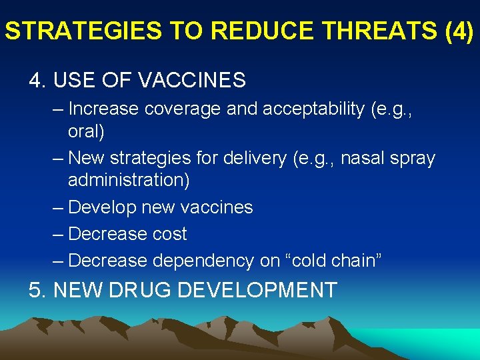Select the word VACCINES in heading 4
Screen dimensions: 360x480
coord(192,81)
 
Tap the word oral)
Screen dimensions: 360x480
coord(86,132)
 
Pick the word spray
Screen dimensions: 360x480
coord(410,159)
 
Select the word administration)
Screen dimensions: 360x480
coord(129,180)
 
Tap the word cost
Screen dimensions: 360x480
coord(168,234)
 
